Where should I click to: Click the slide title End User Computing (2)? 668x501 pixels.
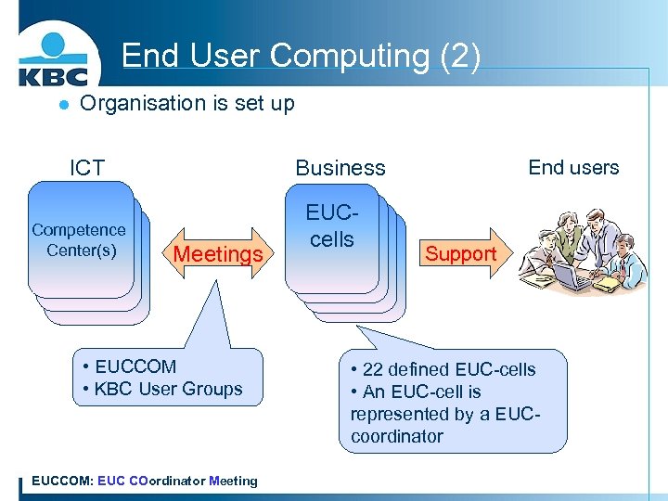301,56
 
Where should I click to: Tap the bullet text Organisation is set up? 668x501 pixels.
187,103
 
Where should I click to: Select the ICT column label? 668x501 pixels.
87,168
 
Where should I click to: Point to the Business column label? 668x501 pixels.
340,168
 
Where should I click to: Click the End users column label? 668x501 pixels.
573,167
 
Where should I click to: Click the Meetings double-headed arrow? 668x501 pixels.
218,253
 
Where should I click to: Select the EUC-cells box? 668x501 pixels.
332,228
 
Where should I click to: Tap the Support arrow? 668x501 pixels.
461,253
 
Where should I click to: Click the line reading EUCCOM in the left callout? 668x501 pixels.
129,366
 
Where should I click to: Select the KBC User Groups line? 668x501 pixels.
162,389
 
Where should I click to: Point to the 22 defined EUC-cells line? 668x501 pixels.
443,369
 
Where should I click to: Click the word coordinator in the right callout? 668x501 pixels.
397,436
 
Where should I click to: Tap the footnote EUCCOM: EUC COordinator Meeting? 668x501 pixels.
145,481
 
